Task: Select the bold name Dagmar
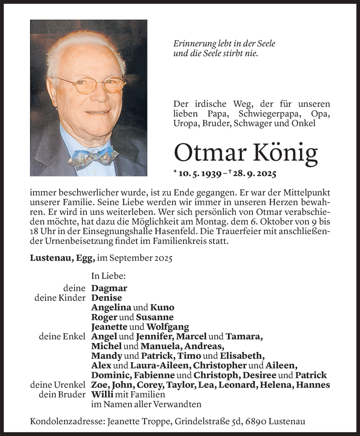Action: pos(109,288)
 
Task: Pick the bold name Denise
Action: pos(107,298)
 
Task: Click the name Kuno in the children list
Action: pos(162,307)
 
